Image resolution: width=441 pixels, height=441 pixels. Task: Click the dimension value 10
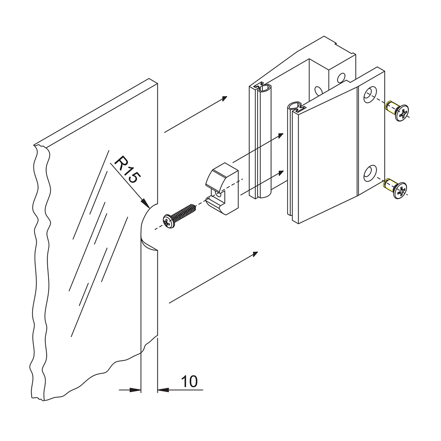[189, 381]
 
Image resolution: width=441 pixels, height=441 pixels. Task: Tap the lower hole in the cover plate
[370, 173]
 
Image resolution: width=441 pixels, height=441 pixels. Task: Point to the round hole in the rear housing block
[341, 78]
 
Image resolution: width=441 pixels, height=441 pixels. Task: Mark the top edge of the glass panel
[97, 112]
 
